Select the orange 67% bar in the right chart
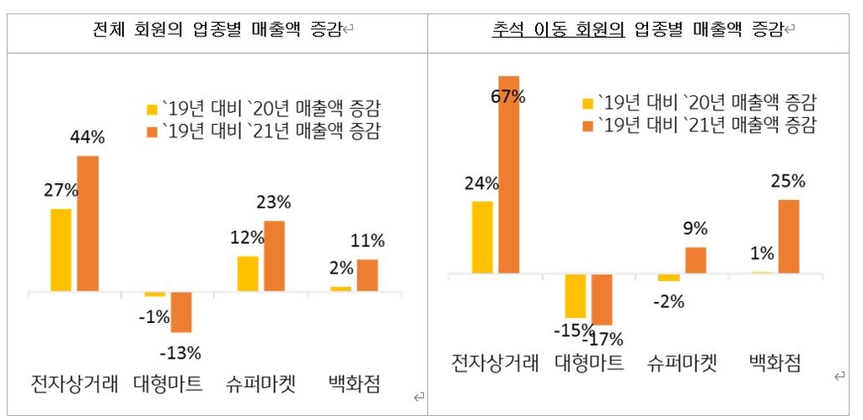[509, 175]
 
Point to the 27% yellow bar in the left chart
[61, 250]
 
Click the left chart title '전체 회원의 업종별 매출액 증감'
[217, 31]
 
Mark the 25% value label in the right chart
[787, 181]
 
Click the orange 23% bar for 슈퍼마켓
[274, 256]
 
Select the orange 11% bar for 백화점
[367, 275]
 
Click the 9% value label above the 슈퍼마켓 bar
[695, 229]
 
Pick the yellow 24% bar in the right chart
[482, 238]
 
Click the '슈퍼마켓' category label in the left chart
[260, 385]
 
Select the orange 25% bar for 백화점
[788, 236]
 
